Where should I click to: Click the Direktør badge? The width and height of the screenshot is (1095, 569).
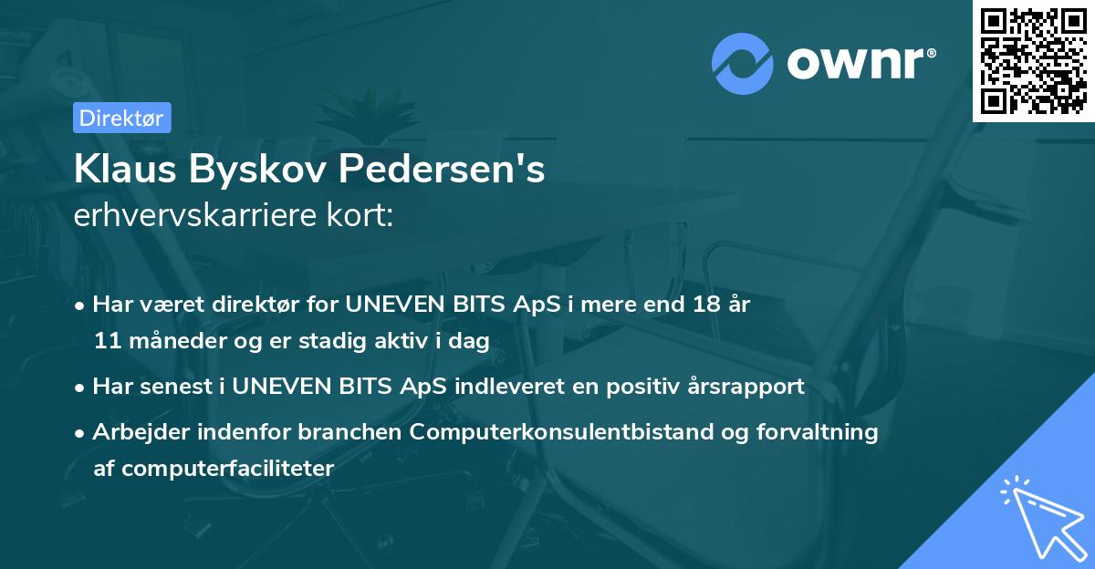tap(121, 118)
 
